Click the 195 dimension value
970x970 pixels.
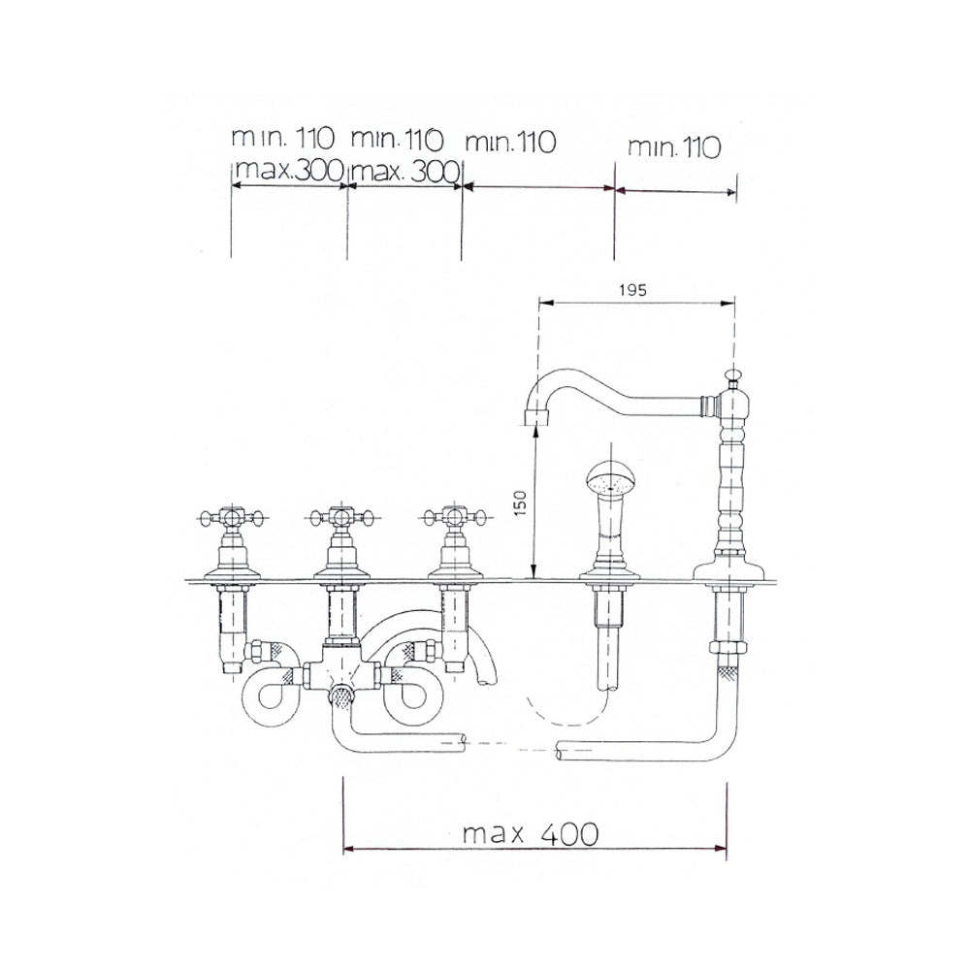(x=632, y=289)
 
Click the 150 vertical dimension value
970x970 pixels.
(x=520, y=502)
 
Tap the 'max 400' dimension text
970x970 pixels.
(x=531, y=834)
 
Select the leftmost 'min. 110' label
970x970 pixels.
(x=282, y=138)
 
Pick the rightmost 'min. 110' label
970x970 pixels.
(x=674, y=147)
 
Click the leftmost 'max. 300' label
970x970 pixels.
(x=289, y=169)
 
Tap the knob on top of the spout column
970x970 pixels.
(x=731, y=374)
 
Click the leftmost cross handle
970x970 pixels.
(x=232, y=517)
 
